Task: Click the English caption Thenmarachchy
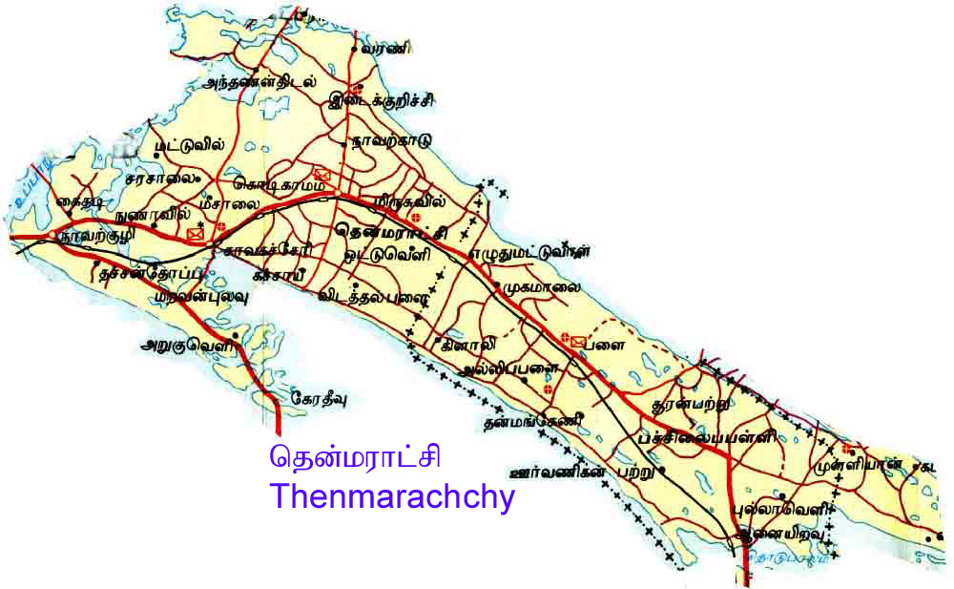pyautogui.click(x=392, y=497)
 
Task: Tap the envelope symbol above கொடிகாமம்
pyautogui.click(x=322, y=174)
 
